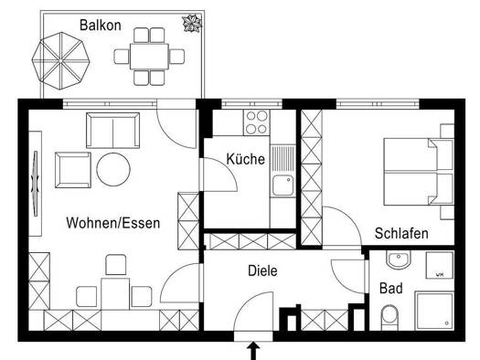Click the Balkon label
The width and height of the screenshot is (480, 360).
click(100, 25)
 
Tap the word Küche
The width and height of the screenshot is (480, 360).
click(246, 159)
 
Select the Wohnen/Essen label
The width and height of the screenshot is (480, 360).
click(113, 223)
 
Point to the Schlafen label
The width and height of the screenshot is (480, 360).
click(401, 233)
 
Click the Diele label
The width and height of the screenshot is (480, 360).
click(262, 270)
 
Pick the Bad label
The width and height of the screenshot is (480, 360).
click(391, 289)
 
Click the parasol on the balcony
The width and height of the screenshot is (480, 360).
click(61, 61)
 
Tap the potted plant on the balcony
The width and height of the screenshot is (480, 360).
click(192, 23)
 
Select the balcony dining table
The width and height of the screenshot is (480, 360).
click(149, 57)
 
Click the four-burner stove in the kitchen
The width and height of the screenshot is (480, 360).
click(257, 122)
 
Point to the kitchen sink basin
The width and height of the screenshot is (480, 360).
click(283, 185)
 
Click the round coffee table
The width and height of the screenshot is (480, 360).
click(113, 169)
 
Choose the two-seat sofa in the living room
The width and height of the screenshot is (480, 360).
click(113, 131)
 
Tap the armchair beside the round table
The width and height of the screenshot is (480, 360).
click(73, 170)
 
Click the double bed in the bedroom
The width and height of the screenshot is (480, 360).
click(419, 172)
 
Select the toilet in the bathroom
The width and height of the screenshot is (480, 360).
click(389, 318)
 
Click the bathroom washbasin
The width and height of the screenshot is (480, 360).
click(398, 260)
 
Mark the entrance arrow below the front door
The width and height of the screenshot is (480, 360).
click(253, 351)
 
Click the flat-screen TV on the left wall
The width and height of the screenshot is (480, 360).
click(36, 184)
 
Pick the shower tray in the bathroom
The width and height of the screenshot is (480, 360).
click(434, 311)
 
